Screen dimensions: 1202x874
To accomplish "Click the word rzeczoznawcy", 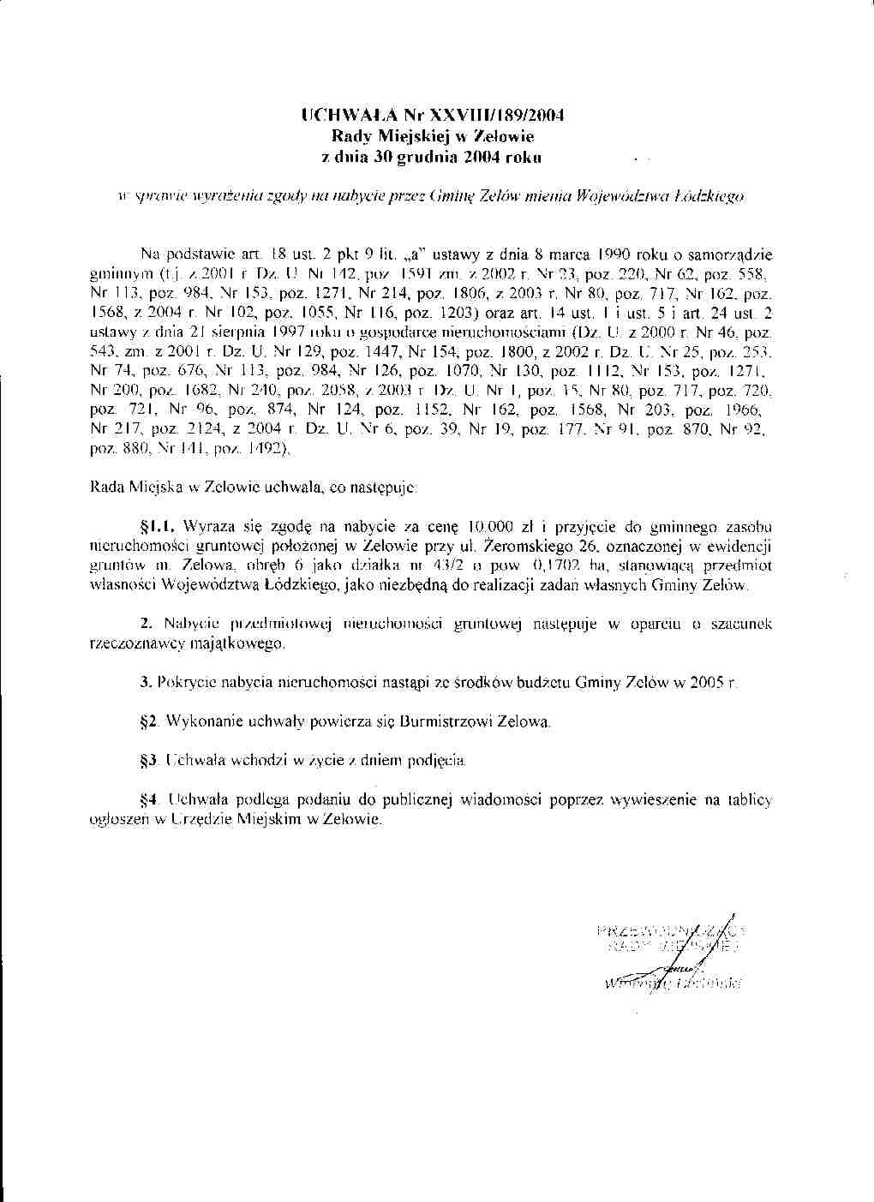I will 132,642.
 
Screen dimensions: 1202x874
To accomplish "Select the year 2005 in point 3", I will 710,682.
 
